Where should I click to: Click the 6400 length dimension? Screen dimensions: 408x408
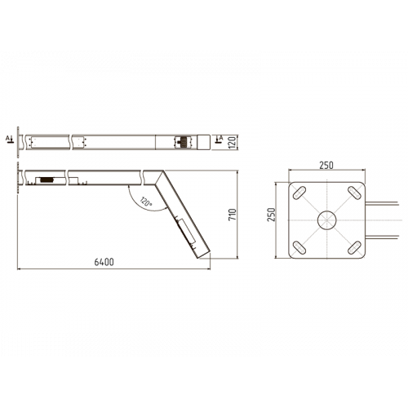[x=104, y=262]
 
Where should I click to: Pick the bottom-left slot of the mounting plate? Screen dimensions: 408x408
[x=299, y=246]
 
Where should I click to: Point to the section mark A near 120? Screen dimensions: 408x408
[x=220, y=141]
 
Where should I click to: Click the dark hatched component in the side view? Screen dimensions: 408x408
[x=47, y=177]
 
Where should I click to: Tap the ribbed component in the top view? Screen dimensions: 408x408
[x=180, y=141]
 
